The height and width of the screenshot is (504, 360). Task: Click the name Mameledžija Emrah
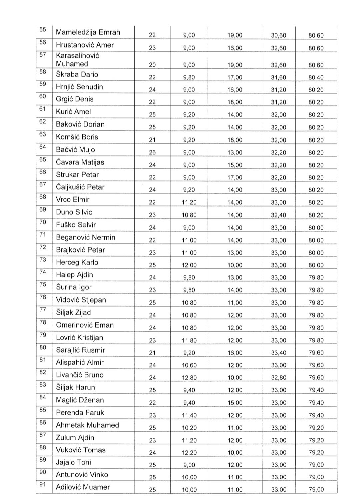[88, 32]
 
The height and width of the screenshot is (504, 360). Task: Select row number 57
[43, 55]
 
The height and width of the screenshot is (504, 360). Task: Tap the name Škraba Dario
[77, 74]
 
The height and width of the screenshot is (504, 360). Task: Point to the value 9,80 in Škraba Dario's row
[189, 77]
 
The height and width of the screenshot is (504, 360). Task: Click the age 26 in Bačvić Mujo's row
[152, 152]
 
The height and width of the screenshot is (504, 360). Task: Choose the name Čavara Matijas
[80, 162]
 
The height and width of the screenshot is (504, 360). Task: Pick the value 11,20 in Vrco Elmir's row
[189, 202]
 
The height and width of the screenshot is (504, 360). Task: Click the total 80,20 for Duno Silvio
[316, 215]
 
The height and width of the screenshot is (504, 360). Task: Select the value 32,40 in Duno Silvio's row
[278, 215]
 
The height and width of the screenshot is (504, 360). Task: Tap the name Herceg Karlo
[77, 263]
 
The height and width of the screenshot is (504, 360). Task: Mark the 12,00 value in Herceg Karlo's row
[189, 265]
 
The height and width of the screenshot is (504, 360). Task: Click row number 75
[43, 285]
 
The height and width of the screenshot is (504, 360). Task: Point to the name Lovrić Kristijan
[79, 338]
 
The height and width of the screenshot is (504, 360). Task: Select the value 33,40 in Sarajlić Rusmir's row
[278, 353]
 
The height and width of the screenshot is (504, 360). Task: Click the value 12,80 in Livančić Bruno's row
[189, 378]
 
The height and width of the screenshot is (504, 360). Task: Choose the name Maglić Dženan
[80, 400]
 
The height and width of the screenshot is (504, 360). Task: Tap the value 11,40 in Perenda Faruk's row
[189, 415]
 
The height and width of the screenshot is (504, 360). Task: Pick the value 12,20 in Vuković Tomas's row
[189, 453]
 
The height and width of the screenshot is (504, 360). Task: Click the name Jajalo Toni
[73, 462]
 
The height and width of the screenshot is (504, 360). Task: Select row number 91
[43, 484]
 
